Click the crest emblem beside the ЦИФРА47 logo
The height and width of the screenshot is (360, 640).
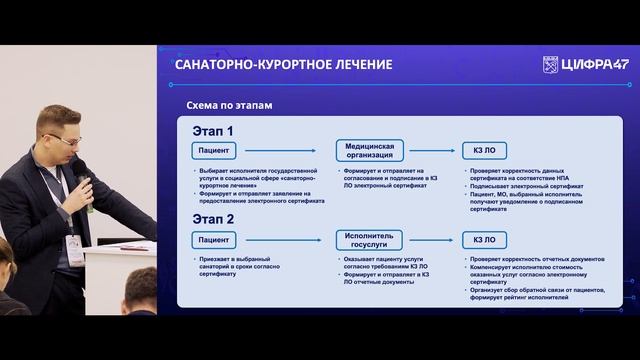549,65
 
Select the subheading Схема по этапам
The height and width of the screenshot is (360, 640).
231,106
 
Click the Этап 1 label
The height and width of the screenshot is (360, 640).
213,131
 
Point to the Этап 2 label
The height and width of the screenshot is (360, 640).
213,219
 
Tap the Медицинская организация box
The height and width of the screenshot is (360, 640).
369,151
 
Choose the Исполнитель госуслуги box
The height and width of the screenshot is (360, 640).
369,239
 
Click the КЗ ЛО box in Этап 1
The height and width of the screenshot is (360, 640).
485,152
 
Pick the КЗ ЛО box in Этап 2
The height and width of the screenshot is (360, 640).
485,239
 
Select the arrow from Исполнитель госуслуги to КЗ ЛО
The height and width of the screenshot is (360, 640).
432,239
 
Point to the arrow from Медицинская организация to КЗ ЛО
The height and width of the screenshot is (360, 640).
432,152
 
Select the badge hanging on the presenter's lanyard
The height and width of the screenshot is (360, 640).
75,249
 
